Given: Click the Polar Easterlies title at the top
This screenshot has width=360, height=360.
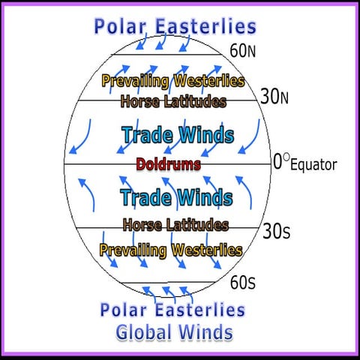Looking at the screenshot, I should pos(175,27).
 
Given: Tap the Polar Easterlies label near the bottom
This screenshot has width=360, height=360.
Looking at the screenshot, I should pos(172,310).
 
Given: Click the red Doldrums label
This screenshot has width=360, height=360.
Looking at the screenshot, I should pos(169,163).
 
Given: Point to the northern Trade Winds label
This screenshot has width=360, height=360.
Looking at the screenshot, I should pos(177,136).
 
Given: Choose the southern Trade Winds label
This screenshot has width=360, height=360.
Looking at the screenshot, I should pos(176,198).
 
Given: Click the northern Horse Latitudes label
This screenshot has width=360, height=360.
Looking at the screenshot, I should pos(173,101).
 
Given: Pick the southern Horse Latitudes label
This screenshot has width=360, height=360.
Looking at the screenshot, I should pos(175,224).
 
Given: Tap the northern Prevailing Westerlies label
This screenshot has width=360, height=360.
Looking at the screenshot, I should pos(172,80).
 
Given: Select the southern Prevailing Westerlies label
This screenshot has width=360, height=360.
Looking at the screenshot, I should pos(171,250).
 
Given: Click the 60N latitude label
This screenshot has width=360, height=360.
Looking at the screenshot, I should pos(244,52).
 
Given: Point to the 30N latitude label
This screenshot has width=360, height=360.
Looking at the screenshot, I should pos(274,97).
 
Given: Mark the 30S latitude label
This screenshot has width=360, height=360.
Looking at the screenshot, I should pos(275,231).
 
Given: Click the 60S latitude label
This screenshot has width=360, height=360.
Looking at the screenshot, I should pos(243,283).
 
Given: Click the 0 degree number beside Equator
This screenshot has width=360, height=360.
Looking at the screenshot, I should pos(277,160).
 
